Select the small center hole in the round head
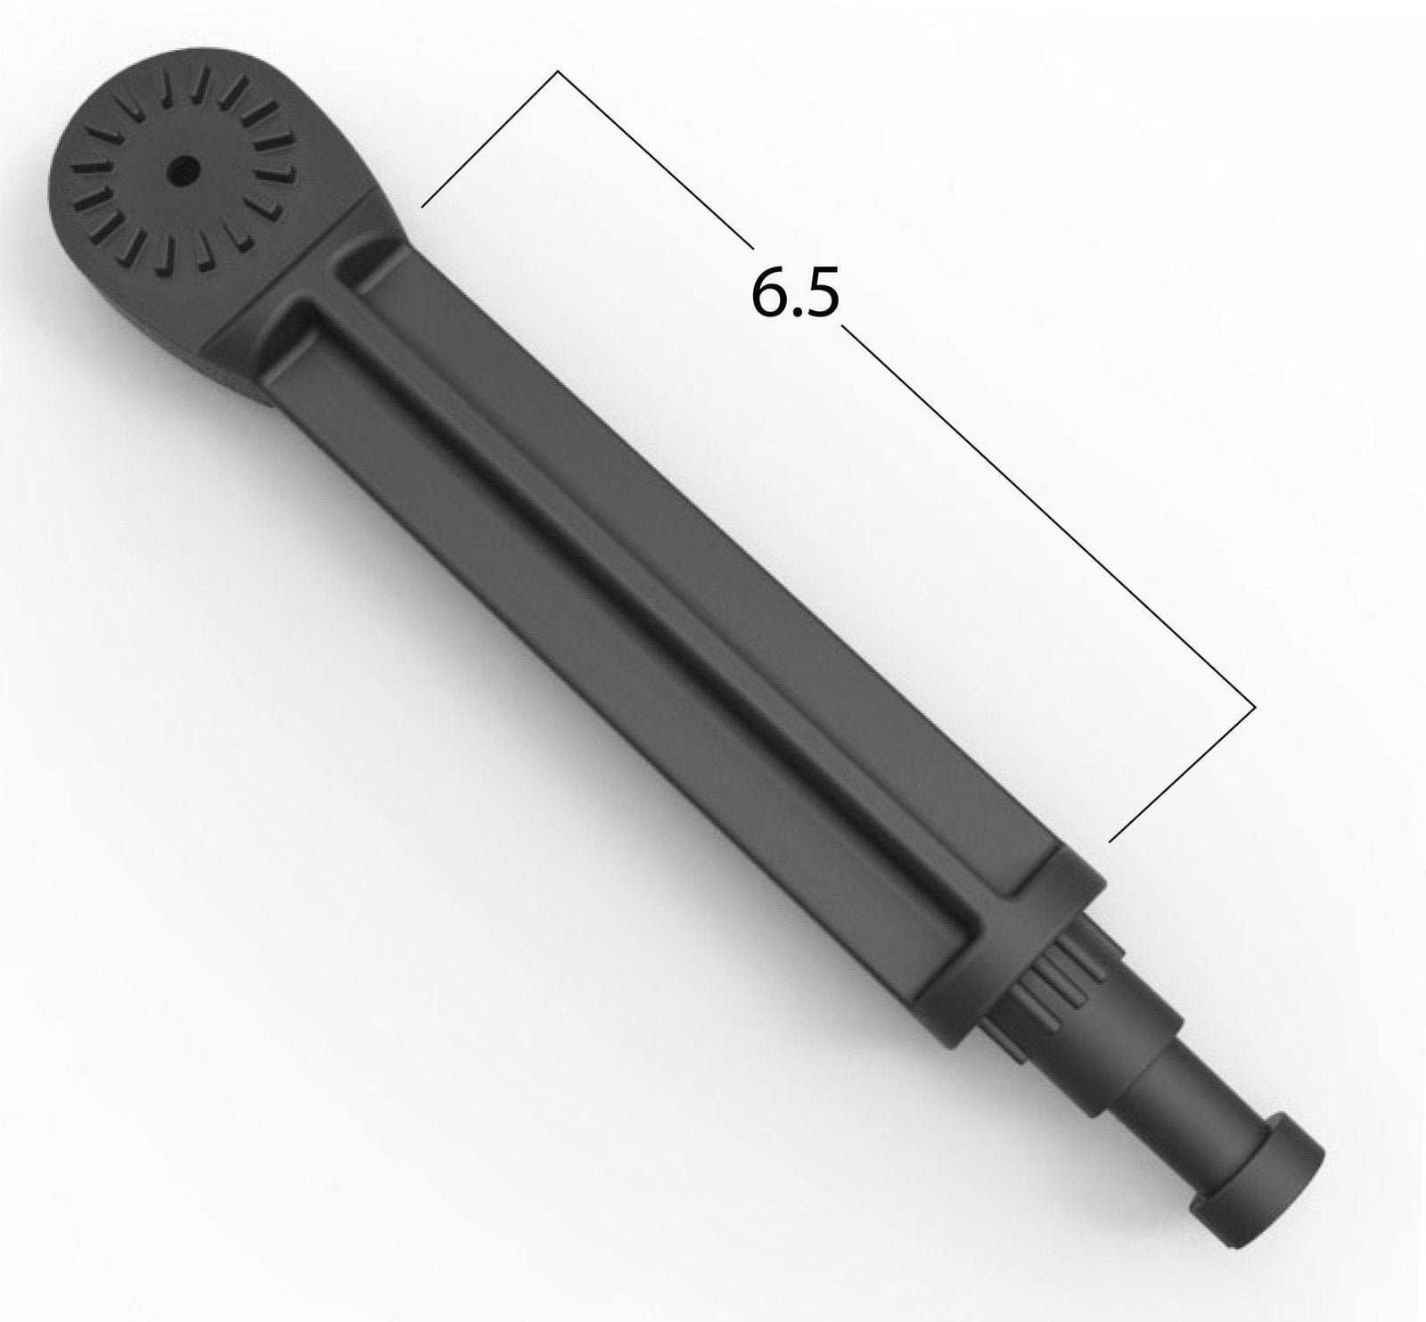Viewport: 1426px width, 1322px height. point(184,165)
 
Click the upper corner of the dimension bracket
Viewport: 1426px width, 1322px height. point(558,71)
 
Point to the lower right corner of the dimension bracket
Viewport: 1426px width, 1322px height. point(1255,707)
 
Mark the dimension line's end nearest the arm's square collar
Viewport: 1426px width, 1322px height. point(1110,840)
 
